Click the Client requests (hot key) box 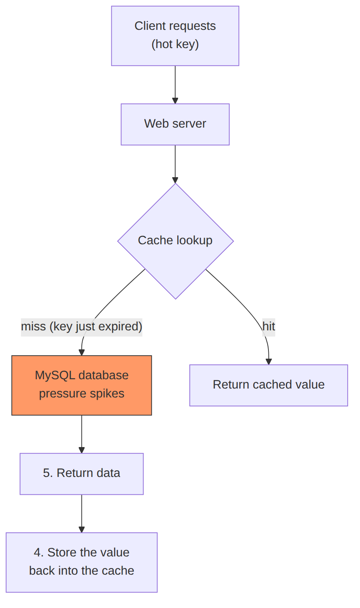point(175,36)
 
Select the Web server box point(175,124)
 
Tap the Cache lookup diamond point(175,241)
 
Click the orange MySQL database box point(82,385)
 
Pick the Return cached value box point(268,385)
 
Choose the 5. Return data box point(82,474)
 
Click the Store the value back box point(82,562)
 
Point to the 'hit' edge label point(268,326)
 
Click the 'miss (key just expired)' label point(82,326)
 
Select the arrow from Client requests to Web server point(175,85)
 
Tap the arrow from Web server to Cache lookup point(175,164)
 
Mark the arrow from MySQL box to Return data point(82,434)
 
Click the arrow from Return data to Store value point(82,513)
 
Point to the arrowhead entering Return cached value point(269,361)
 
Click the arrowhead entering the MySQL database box point(82,352)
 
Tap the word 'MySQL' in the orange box point(55,376)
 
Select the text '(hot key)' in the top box point(175,44)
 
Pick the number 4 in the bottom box point(37,553)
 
